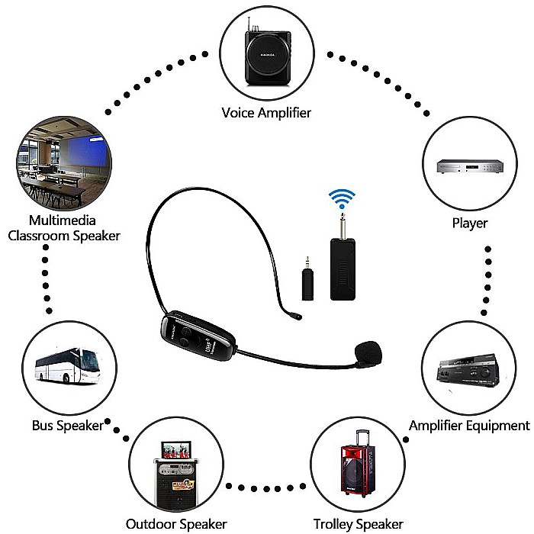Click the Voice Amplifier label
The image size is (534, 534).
pyautogui.click(x=266, y=113)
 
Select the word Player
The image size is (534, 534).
pyautogui.click(x=468, y=224)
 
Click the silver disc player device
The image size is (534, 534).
pyautogui.click(x=468, y=167)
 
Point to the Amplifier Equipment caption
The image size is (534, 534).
pyautogui.click(x=468, y=426)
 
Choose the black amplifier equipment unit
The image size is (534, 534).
pyautogui.click(x=468, y=370)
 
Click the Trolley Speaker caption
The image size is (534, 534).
pyautogui.click(x=358, y=524)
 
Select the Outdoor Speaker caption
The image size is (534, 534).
pyautogui.click(x=176, y=524)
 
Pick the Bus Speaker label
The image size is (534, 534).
pyautogui.click(x=67, y=426)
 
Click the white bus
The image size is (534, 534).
pyautogui.click(x=67, y=366)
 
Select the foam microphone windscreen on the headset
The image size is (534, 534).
pyautogui.click(x=369, y=352)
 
